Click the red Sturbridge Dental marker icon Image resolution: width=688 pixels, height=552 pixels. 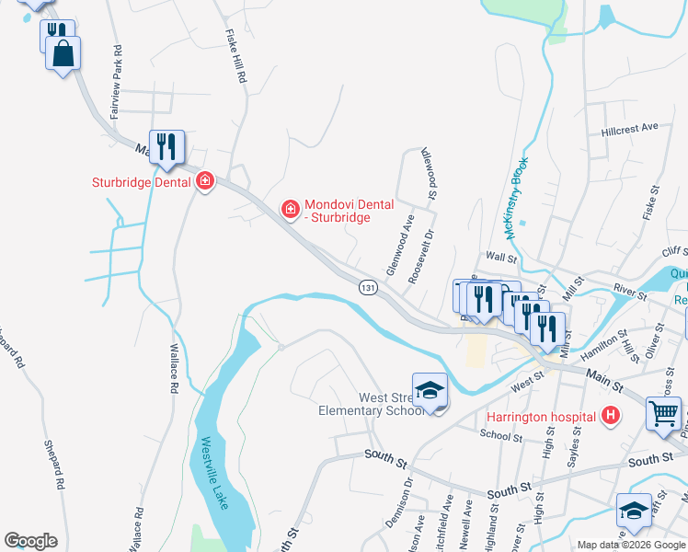[205, 182]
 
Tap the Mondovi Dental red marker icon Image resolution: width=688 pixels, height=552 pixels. [291, 211]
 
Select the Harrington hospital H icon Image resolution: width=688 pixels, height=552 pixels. [608, 417]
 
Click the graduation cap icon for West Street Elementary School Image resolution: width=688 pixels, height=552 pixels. [429, 391]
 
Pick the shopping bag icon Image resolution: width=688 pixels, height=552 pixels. [63, 54]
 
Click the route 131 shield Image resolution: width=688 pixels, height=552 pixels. [368, 288]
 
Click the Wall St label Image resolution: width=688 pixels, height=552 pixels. [498, 259]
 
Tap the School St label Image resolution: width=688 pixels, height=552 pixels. [500, 436]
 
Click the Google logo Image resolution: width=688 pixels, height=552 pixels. [30, 541]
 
